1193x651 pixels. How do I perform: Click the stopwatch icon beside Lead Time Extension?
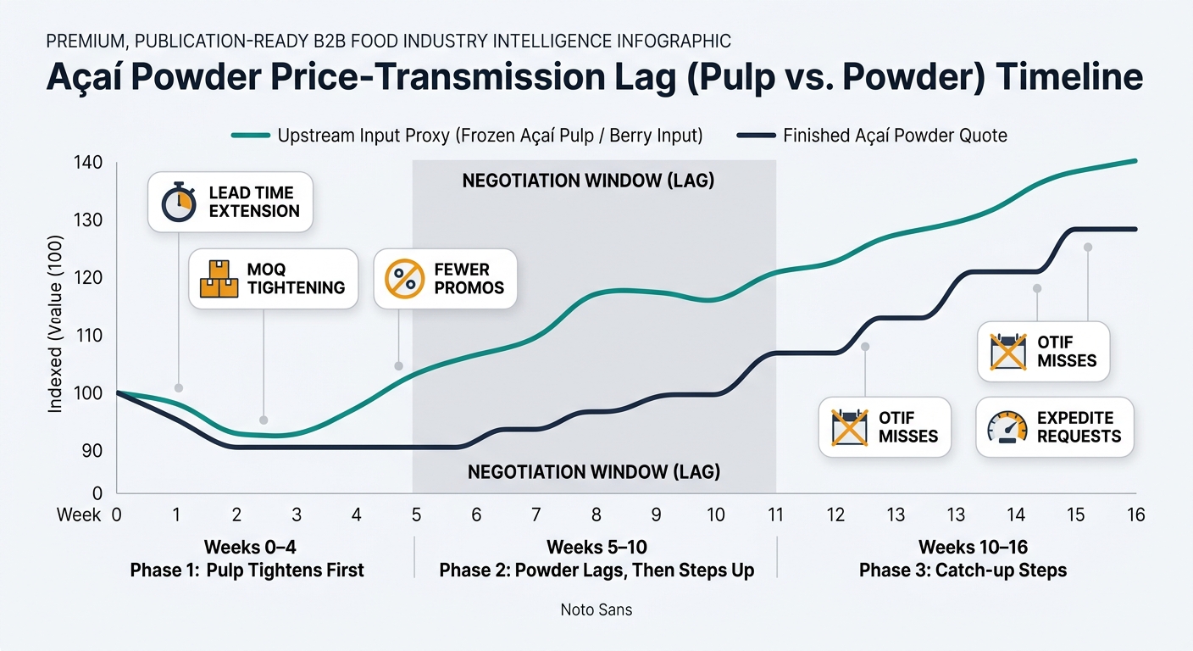pyautogui.click(x=179, y=202)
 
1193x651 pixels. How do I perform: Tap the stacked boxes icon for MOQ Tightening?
pyautogui.click(x=219, y=279)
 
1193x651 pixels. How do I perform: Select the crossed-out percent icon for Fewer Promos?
pyautogui.click(x=405, y=279)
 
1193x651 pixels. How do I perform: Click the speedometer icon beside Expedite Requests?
pyautogui.click(x=1007, y=426)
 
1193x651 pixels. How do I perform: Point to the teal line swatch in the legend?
pyautogui.click(x=250, y=136)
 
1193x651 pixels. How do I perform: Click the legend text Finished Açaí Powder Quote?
pyautogui.click(x=895, y=136)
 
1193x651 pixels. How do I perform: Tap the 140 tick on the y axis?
pyautogui.click(x=88, y=162)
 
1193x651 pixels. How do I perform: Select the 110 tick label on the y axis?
pyautogui.click(x=88, y=335)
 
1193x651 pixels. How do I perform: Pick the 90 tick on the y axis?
pyautogui.click(x=92, y=451)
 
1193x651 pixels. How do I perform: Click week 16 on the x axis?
pyautogui.click(x=1136, y=515)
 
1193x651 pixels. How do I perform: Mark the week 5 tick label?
pyautogui.click(x=416, y=515)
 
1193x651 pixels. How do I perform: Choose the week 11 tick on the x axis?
pyautogui.click(x=775, y=515)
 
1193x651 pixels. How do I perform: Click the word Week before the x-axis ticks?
pyautogui.click(x=79, y=515)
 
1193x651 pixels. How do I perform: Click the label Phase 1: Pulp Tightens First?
pyautogui.click(x=247, y=570)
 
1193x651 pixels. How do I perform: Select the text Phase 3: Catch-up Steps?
pyautogui.click(x=963, y=570)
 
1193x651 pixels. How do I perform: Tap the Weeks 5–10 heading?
pyautogui.click(x=596, y=547)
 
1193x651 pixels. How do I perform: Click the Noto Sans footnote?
pyautogui.click(x=596, y=609)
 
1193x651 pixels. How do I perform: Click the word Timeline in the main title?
pyautogui.click(x=1069, y=77)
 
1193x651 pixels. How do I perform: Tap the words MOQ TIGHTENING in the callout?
pyautogui.click(x=296, y=279)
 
